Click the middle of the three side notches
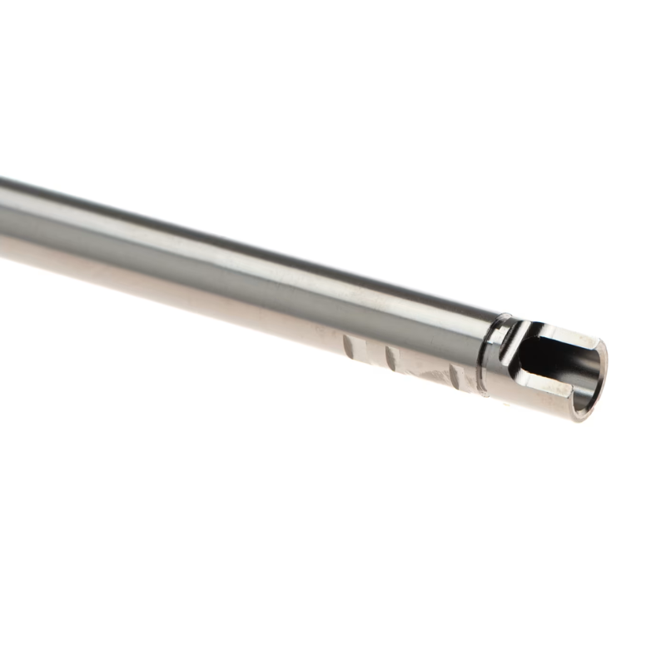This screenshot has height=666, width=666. [390, 358]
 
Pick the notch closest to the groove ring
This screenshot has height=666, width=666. [455, 375]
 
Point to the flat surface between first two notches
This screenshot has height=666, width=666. [368, 352]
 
